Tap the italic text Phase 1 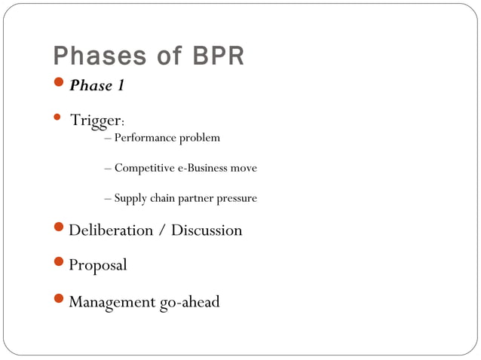97,86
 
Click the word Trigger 95,121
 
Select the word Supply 130,198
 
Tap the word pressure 234,198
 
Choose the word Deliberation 111,230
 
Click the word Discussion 207,230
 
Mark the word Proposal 98,265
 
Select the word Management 112,302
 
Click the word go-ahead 189,302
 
